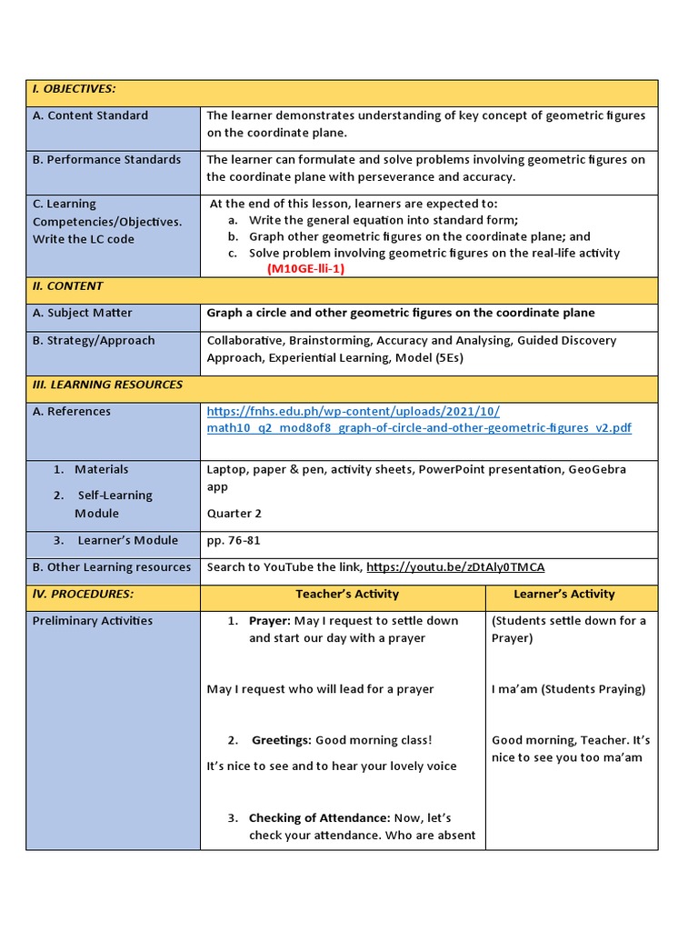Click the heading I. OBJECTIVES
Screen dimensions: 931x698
tap(74, 89)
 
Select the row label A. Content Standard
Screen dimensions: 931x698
tap(90, 115)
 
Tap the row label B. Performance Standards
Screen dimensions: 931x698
tap(106, 160)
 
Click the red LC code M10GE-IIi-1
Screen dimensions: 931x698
tap(305, 269)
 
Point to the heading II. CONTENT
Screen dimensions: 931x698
tap(68, 286)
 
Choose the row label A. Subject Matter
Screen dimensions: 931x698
tap(83, 313)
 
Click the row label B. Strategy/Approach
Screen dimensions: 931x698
tap(94, 341)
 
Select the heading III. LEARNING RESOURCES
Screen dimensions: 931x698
tap(107, 385)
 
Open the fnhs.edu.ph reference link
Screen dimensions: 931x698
tap(418, 420)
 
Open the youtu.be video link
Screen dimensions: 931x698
tap(455, 567)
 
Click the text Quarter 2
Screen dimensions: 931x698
tap(234, 514)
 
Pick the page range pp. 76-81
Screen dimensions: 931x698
tap(234, 541)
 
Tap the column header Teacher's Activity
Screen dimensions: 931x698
tap(347, 595)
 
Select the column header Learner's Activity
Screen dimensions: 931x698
tap(563, 595)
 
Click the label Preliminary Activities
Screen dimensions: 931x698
tap(93, 621)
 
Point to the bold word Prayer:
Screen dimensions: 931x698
tap(270, 621)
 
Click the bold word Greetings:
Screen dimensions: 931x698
tap(282, 740)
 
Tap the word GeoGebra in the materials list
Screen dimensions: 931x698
tap(597, 470)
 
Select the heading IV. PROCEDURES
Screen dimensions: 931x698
tap(83, 595)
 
